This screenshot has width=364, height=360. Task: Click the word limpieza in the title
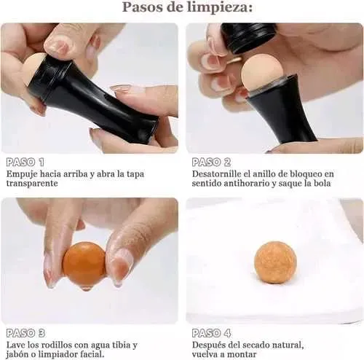pyautogui.click(x=220, y=7)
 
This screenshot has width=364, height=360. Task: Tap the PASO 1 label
pyautogui.click(x=25, y=162)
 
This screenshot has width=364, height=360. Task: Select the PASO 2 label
pyautogui.click(x=211, y=162)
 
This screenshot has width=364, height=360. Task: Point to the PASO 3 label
pyautogui.click(x=25, y=333)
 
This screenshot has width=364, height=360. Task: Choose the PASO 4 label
pyautogui.click(x=211, y=333)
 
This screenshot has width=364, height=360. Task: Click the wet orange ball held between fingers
pyautogui.click(x=84, y=262)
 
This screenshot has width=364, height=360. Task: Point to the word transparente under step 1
pyautogui.click(x=32, y=184)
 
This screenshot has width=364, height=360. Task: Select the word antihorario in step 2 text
pyautogui.click(x=246, y=184)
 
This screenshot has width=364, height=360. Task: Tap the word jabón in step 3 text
pyautogui.click(x=17, y=354)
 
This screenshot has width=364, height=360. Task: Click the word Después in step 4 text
pyautogui.click(x=207, y=345)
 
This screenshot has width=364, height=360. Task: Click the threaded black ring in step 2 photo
pyautogui.click(x=248, y=38)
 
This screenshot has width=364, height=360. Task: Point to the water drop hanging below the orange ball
pyautogui.click(x=85, y=288)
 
